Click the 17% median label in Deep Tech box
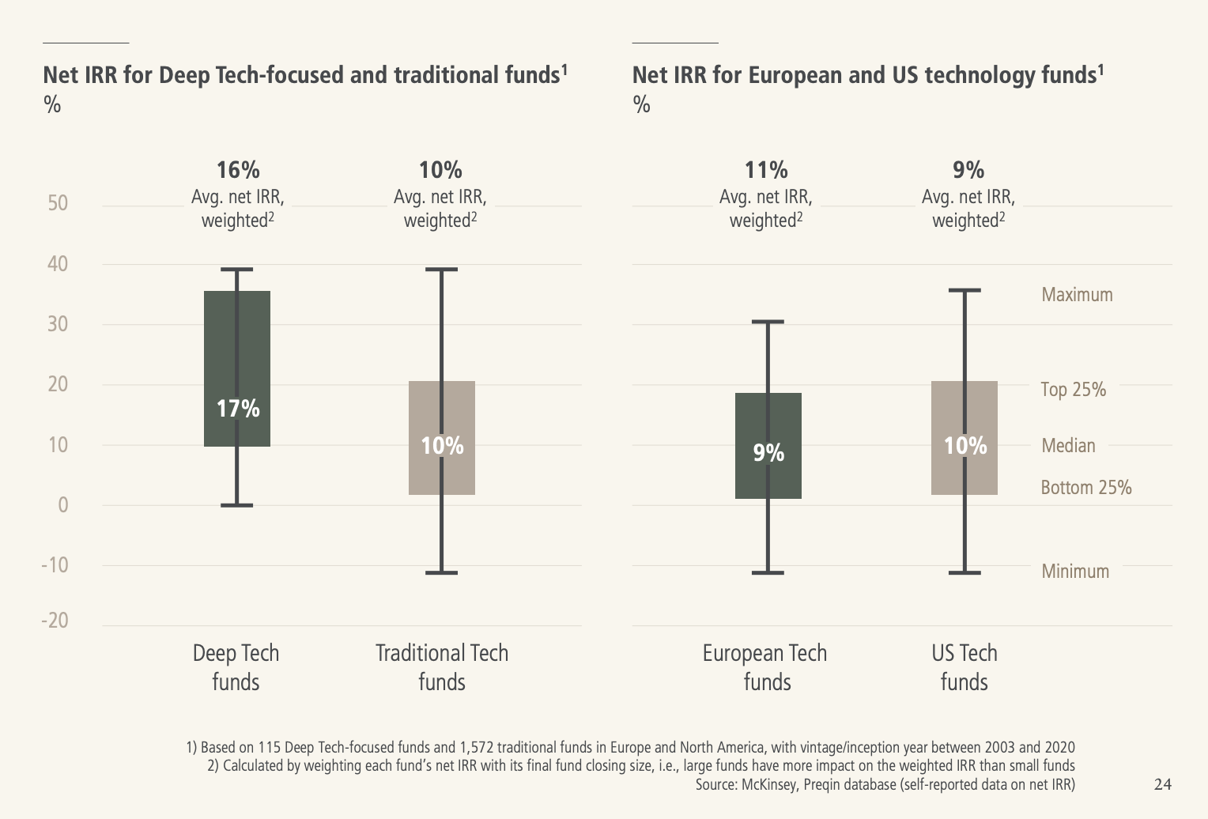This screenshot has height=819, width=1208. coord(238,409)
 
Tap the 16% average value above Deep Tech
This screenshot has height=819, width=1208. coord(238,170)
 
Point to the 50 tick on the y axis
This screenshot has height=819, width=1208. coord(58,203)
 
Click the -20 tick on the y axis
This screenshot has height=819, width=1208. coord(55,621)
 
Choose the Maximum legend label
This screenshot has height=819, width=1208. coord(1077,295)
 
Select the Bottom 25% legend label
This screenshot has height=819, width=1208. coord(1086,488)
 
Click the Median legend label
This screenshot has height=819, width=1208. coord(1068,446)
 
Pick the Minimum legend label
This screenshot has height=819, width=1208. coord(1075,572)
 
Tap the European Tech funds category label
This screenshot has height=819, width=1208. coord(765,667)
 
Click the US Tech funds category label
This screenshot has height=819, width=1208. coord(965,667)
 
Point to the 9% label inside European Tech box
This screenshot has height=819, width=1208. coord(768,453)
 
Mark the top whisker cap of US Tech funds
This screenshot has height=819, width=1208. coord(965,290)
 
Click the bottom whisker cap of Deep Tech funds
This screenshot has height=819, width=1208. coord(237,505)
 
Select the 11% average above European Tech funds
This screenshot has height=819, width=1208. coord(766,170)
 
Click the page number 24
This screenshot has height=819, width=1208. coord(1163,784)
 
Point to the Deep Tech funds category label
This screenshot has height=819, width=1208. coord(236,667)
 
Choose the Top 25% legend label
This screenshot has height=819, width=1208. coord(1073,390)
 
